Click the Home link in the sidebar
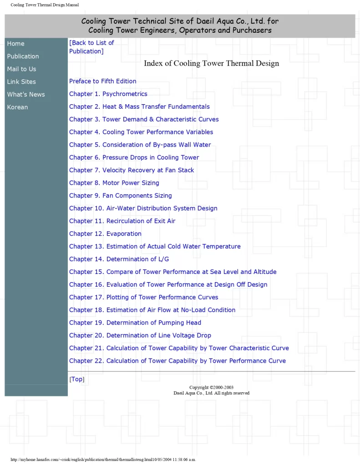click(15, 44)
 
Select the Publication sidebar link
click(23, 56)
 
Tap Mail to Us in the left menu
click(21, 69)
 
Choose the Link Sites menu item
click(21, 82)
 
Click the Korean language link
click(17, 107)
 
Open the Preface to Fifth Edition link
click(103, 81)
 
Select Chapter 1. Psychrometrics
click(108, 94)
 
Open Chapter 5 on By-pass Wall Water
click(140, 145)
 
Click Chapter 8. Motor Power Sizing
click(114, 183)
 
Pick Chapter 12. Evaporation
click(105, 234)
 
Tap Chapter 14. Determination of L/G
click(119, 259)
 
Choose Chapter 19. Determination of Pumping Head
click(135, 323)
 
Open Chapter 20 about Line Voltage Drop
click(140, 335)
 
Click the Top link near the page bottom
click(77, 380)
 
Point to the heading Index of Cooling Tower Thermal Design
click(211, 64)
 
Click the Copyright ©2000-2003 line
click(211, 388)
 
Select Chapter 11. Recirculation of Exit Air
click(122, 221)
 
